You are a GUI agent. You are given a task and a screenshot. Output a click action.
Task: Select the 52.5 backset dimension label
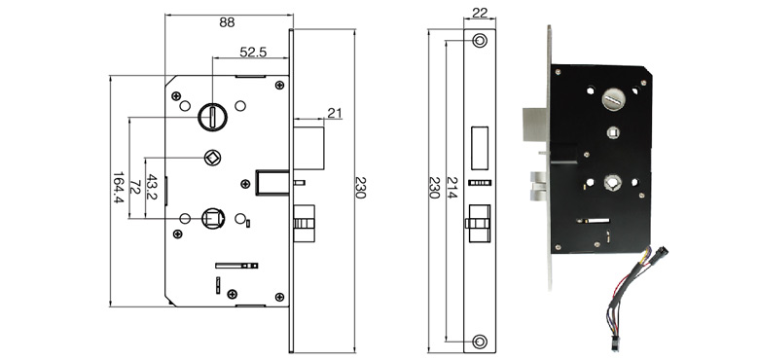[254, 52]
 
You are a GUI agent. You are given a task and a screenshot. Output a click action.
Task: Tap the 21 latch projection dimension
[335, 114]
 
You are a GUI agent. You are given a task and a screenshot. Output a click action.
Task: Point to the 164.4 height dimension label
[118, 188]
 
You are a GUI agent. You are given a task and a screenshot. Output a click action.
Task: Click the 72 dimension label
[136, 188]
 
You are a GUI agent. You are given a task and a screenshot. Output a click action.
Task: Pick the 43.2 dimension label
[152, 188]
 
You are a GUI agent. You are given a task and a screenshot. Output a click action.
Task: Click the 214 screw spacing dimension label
[452, 189]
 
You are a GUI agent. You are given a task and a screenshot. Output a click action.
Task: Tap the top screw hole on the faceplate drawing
[479, 42]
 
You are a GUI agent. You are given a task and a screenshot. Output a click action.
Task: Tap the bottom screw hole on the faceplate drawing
[479, 341]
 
